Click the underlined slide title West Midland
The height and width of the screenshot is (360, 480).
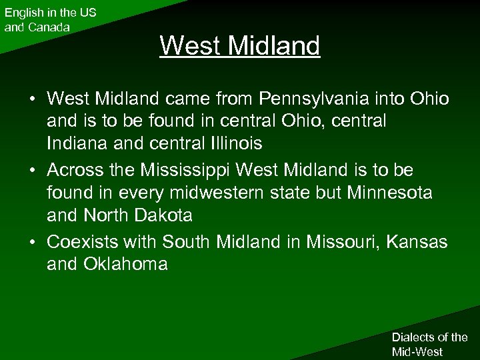point(240,46)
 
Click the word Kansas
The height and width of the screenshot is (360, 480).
point(421,241)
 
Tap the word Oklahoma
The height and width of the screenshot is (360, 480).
point(125,264)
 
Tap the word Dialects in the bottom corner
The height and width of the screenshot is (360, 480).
point(412,337)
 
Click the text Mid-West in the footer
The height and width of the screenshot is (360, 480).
point(417,351)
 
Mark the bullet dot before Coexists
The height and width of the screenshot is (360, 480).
point(32,242)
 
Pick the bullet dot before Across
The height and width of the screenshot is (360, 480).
point(32,171)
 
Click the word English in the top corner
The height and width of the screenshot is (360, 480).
point(23,13)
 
